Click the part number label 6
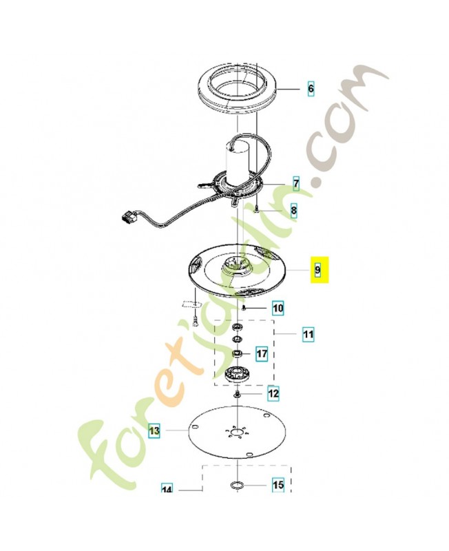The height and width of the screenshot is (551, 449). [x=311, y=88]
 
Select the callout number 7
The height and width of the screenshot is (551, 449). [x=296, y=183]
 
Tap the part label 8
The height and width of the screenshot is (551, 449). [x=294, y=211]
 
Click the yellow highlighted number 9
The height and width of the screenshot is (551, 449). [x=318, y=270]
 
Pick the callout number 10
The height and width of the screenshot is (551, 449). [x=278, y=309]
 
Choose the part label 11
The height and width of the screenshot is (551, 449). [x=309, y=333]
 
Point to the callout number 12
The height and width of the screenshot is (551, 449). [x=273, y=393]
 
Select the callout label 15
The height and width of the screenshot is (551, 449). [x=278, y=485]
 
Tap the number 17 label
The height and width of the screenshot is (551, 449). [x=262, y=353]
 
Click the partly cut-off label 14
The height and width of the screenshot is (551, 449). [x=167, y=488]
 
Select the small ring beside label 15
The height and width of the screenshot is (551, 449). [x=236, y=486]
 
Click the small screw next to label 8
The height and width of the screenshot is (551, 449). [x=257, y=210]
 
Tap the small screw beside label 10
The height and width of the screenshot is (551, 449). [x=243, y=308]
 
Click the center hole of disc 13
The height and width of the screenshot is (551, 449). [x=238, y=432]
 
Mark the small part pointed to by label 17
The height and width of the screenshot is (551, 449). [x=238, y=353]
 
